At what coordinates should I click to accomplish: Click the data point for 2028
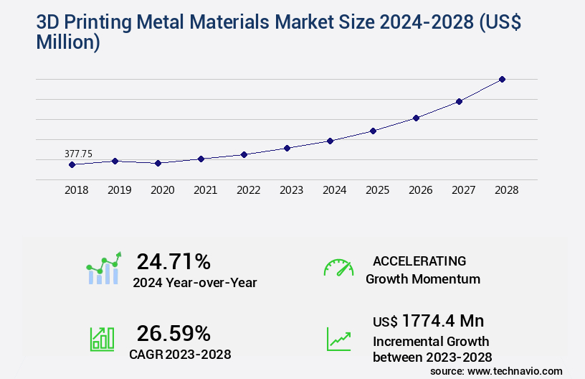coord(502,79)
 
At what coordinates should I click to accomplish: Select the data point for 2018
coord(72,164)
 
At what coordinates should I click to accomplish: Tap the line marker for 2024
coord(330,141)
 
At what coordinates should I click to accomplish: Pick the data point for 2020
coord(158,163)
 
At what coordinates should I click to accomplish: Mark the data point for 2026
coord(416,118)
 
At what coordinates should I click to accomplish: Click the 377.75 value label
coord(78,154)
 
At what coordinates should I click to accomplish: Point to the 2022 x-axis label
coord(248,191)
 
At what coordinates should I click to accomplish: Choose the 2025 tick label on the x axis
coord(377,191)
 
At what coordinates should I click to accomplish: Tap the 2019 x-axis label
coord(119,191)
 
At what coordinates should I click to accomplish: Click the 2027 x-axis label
coord(463,191)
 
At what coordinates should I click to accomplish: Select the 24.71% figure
coord(173,261)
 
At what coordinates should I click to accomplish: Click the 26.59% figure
coord(173,333)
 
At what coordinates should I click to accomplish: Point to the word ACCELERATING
coord(419,261)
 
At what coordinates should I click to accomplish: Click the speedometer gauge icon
coord(338,268)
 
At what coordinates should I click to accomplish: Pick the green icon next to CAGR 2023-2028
coord(102,338)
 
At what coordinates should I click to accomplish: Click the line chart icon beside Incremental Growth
coord(338,339)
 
